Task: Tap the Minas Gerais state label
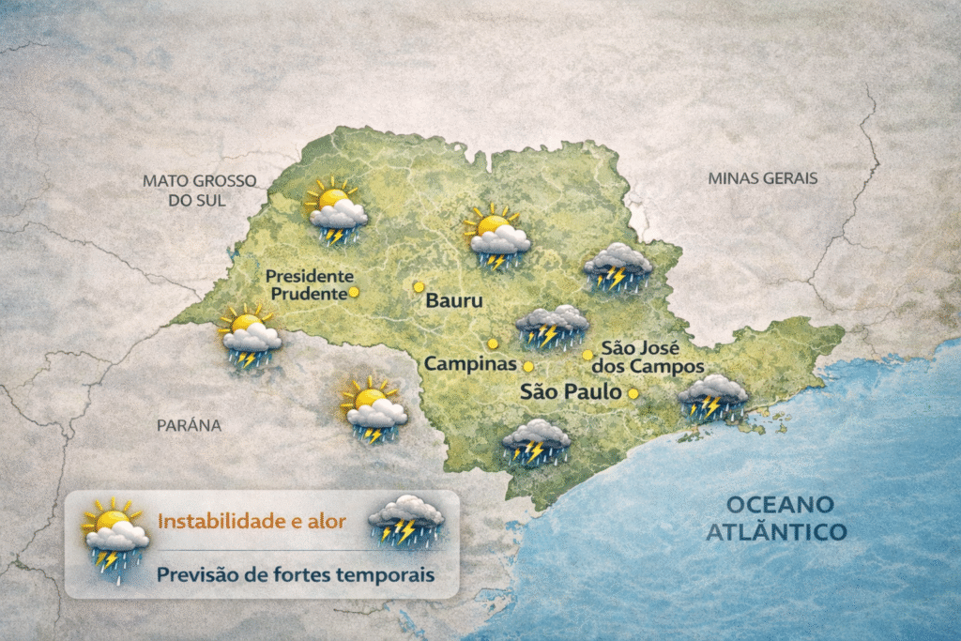762,177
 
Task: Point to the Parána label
189,425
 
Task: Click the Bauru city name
453,301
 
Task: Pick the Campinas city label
471,363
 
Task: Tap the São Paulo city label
571,391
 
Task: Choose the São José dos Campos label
651,357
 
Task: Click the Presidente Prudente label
309,284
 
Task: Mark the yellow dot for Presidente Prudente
354,292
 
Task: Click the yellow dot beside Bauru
419,286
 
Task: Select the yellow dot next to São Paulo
633,394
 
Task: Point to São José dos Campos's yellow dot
587,355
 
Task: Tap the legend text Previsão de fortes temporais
296,573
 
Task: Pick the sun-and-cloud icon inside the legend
115,535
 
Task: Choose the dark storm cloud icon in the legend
405,519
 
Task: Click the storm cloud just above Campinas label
552,326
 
